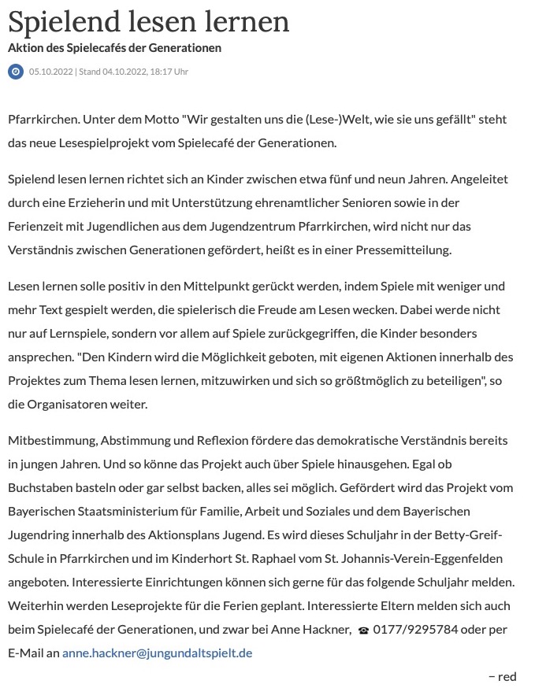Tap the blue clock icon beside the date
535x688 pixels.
[16, 72]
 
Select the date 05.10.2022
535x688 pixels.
[50, 72]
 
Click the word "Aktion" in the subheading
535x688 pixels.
[27, 48]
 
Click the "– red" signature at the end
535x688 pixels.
[502, 676]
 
